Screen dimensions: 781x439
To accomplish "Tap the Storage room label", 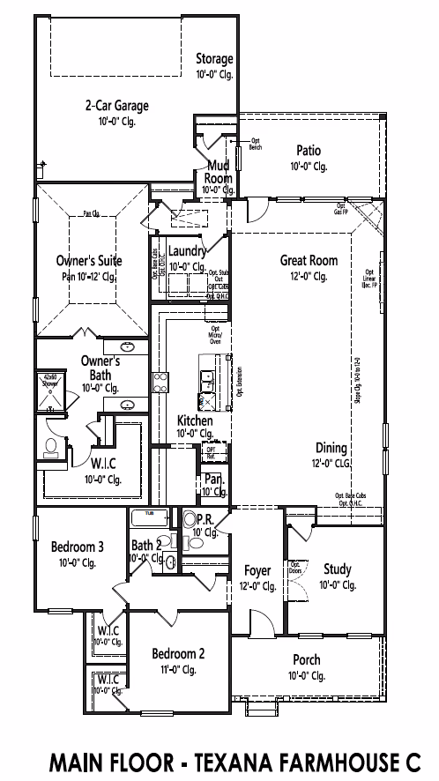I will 214,59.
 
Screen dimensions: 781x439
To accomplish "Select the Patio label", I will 308,150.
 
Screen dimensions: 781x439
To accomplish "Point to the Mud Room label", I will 219,171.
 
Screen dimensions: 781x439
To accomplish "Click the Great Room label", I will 309,260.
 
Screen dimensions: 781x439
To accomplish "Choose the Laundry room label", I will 186,252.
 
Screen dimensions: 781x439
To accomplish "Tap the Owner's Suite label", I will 89,261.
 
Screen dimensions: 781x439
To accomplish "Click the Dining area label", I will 331,448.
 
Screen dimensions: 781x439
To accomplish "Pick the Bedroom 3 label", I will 77,547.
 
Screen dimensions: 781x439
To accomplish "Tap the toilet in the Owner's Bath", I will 50,446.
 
